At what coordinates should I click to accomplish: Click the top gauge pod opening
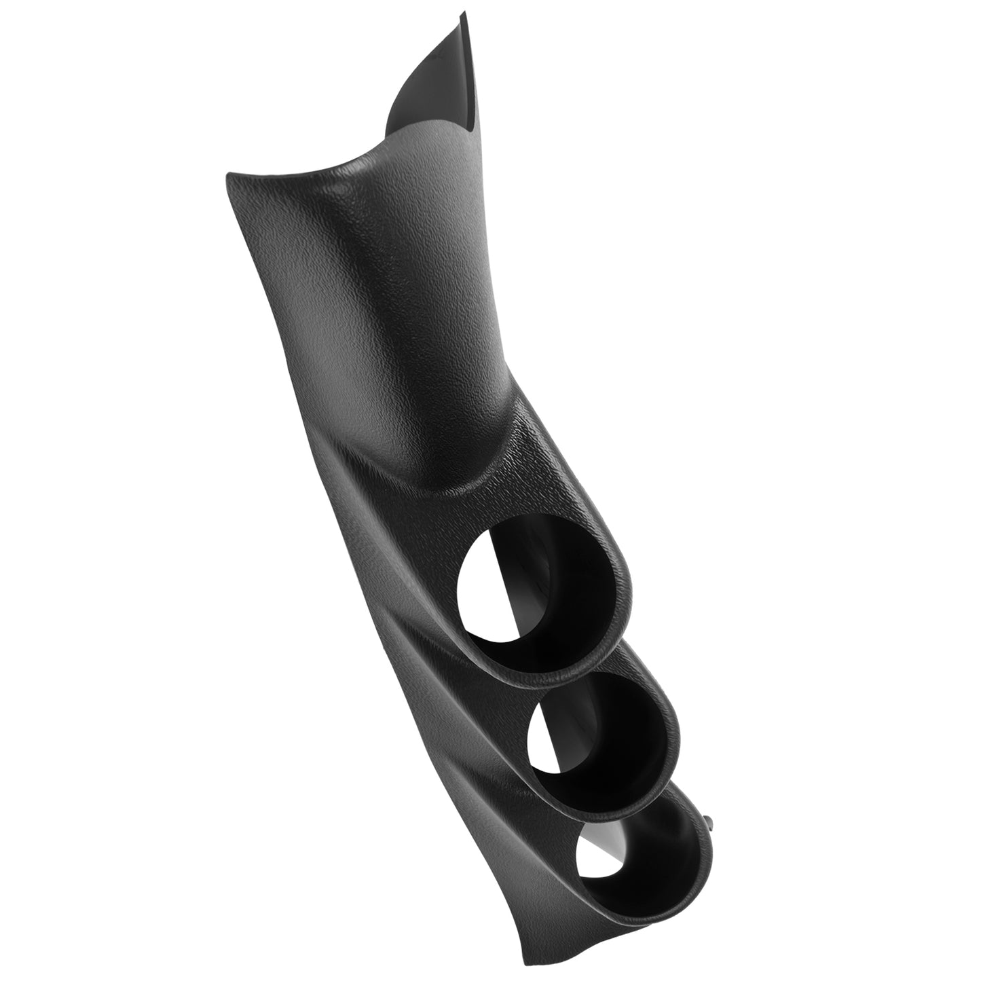(543, 597)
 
